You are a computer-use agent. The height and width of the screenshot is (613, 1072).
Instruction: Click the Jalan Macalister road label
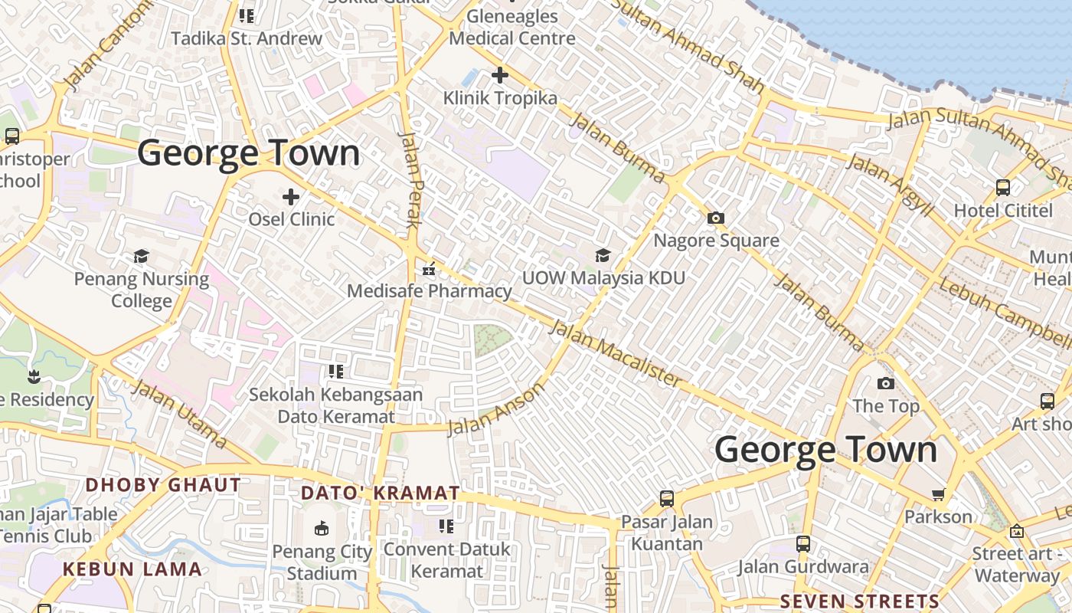[615, 353]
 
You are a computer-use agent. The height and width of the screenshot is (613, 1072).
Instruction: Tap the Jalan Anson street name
[496, 408]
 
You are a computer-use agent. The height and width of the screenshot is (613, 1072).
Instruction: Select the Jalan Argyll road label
[890, 184]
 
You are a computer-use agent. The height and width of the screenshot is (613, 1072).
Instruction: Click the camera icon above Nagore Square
[716, 218]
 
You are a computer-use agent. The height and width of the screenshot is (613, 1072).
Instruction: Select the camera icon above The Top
[886, 383]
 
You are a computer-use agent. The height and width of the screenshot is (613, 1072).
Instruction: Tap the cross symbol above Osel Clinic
[291, 197]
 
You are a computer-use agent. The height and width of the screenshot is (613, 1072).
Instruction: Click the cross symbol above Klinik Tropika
[500, 75]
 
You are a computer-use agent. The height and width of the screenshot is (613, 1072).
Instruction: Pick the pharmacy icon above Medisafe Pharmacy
[429, 269]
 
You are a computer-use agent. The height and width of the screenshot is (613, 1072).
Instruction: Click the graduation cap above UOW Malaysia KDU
[603, 255]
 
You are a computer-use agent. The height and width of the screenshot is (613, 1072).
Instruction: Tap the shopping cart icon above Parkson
[938, 495]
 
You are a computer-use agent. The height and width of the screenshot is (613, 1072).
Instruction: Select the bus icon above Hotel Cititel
[1003, 187]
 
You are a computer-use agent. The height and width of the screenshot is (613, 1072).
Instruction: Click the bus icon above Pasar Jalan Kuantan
[667, 499]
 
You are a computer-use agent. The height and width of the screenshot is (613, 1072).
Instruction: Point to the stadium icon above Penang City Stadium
[322, 529]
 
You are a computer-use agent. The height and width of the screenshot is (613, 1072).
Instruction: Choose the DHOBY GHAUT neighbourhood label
[163, 485]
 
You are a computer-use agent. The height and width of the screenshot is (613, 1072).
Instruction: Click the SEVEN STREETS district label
[860, 602]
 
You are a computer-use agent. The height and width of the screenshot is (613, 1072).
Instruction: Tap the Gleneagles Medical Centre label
[512, 27]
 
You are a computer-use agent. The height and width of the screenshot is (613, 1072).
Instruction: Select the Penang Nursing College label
[142, 290]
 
